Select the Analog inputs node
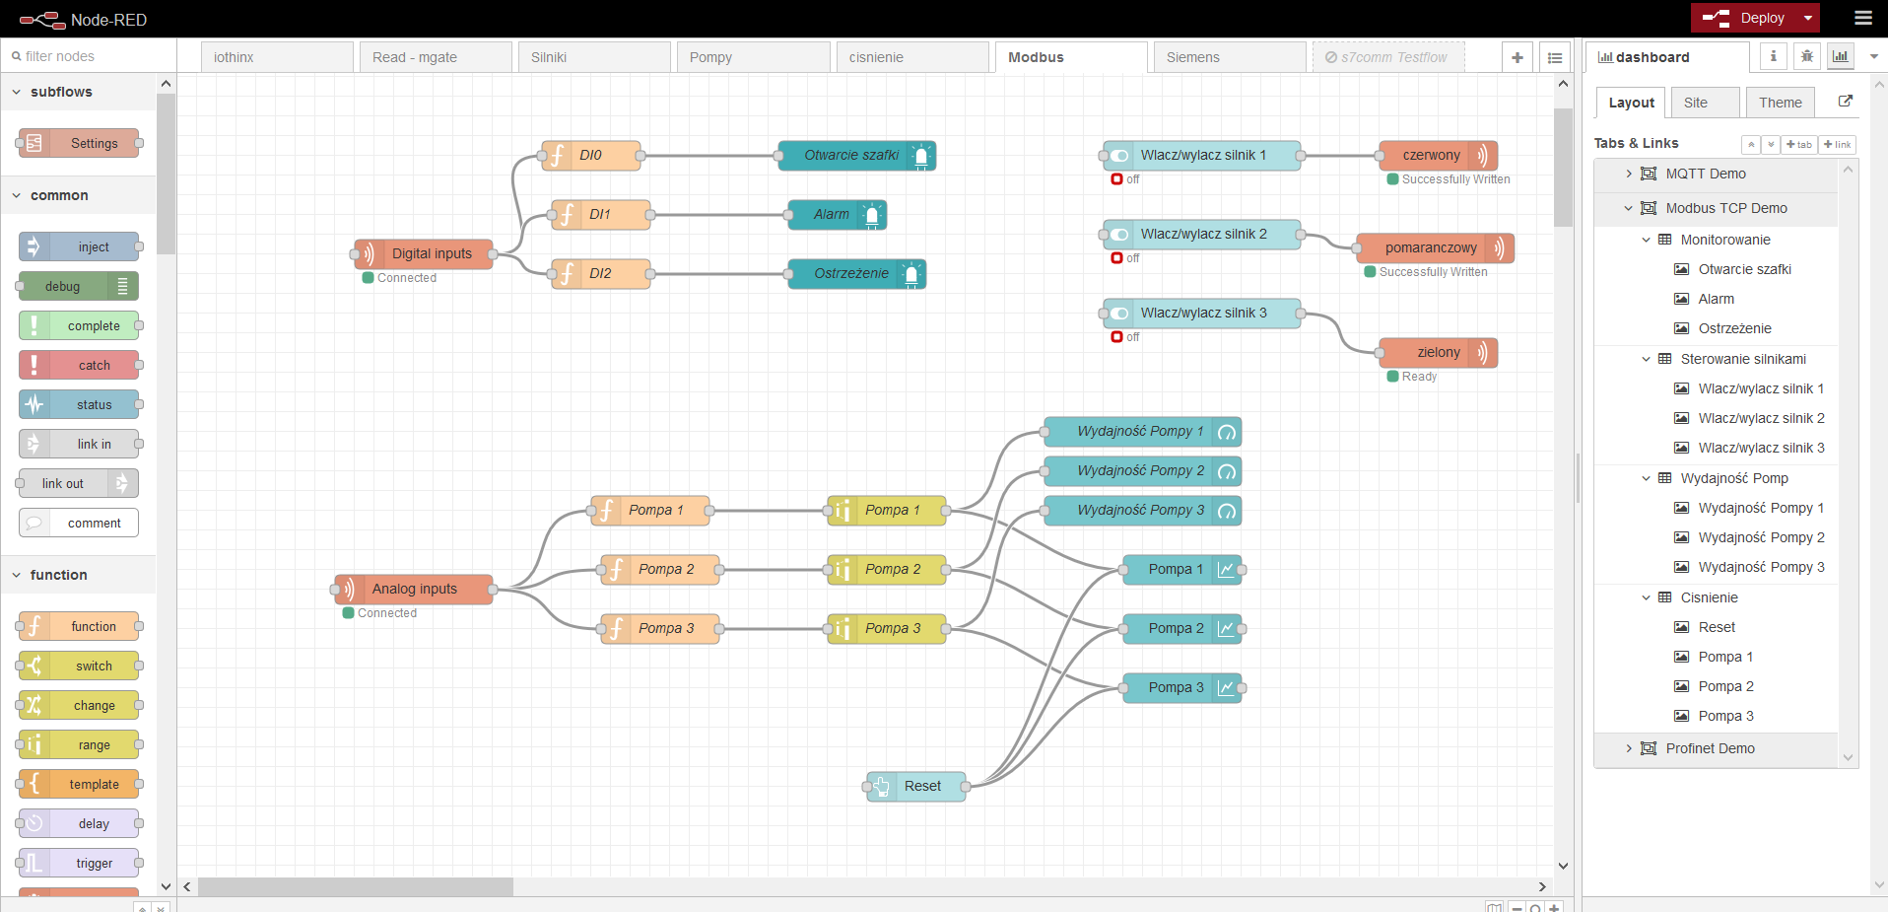[414, 589]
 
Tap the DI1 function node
[601, 214]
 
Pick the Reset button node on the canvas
[916, 786]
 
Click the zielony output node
[1439, 352]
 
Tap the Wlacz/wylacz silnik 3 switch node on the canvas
[1202, 313]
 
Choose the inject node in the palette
[79, 246]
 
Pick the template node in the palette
[79, 784]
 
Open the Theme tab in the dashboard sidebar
[1781, 103]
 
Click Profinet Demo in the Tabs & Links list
[1710, 748]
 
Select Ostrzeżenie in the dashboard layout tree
[1734, 328]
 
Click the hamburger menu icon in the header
[1863, 18]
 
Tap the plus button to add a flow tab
[1517, 57]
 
